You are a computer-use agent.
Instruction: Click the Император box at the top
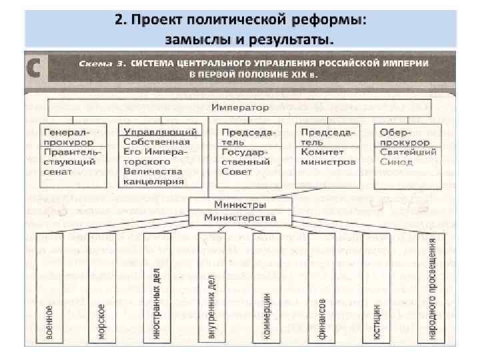click(x=240, y=107)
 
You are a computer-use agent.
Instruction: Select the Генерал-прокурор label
click(x=67, y=137)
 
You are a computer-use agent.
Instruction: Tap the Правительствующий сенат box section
click(x=67, y=161)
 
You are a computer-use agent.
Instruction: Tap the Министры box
click(x=240, y=205)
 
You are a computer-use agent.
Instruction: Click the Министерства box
click(x=240, y=218)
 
